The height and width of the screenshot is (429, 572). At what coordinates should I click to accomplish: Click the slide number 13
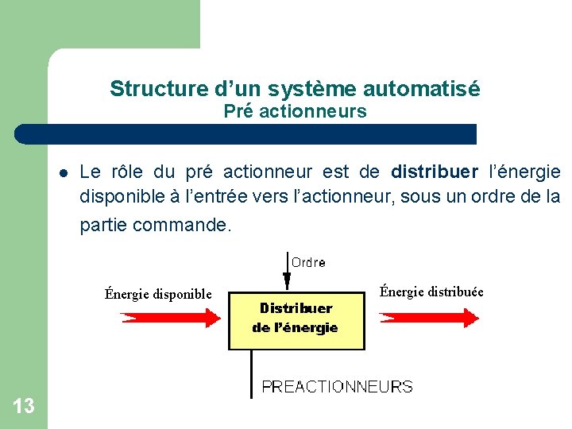(24, 407)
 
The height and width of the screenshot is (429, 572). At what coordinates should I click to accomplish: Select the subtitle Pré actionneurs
(295, 111)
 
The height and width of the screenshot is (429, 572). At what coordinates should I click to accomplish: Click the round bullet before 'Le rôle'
(63, 172)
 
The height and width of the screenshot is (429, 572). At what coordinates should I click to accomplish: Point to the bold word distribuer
(435, 172)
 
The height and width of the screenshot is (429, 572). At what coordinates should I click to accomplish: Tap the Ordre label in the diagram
(308, 262)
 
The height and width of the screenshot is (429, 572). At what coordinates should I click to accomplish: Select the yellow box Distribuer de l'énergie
(296, 318)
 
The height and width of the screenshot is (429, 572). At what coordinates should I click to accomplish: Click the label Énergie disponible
(159, 294)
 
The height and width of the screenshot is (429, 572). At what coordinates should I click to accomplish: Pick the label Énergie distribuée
(431, 292)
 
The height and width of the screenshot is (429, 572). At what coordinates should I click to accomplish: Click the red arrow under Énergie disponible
(170, 318)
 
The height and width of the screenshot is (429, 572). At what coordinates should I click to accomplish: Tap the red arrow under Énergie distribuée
(430, 317)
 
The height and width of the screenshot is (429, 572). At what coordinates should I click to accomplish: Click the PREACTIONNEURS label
(338, 387)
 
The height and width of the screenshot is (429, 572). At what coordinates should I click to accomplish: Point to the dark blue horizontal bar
(246, 133)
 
